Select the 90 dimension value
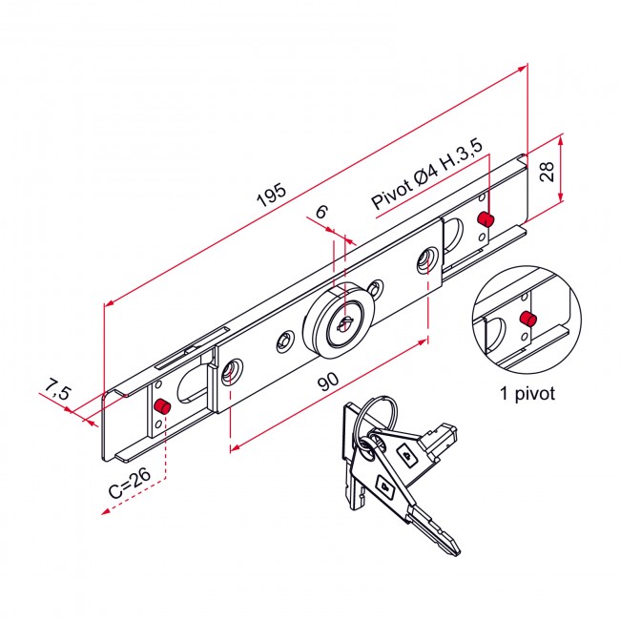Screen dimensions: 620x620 327,383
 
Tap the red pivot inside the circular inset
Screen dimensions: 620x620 526,319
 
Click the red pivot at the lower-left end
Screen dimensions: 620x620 161,407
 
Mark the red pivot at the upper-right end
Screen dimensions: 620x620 486,219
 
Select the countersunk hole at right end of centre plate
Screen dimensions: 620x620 426,259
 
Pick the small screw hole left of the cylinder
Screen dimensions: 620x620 284,341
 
